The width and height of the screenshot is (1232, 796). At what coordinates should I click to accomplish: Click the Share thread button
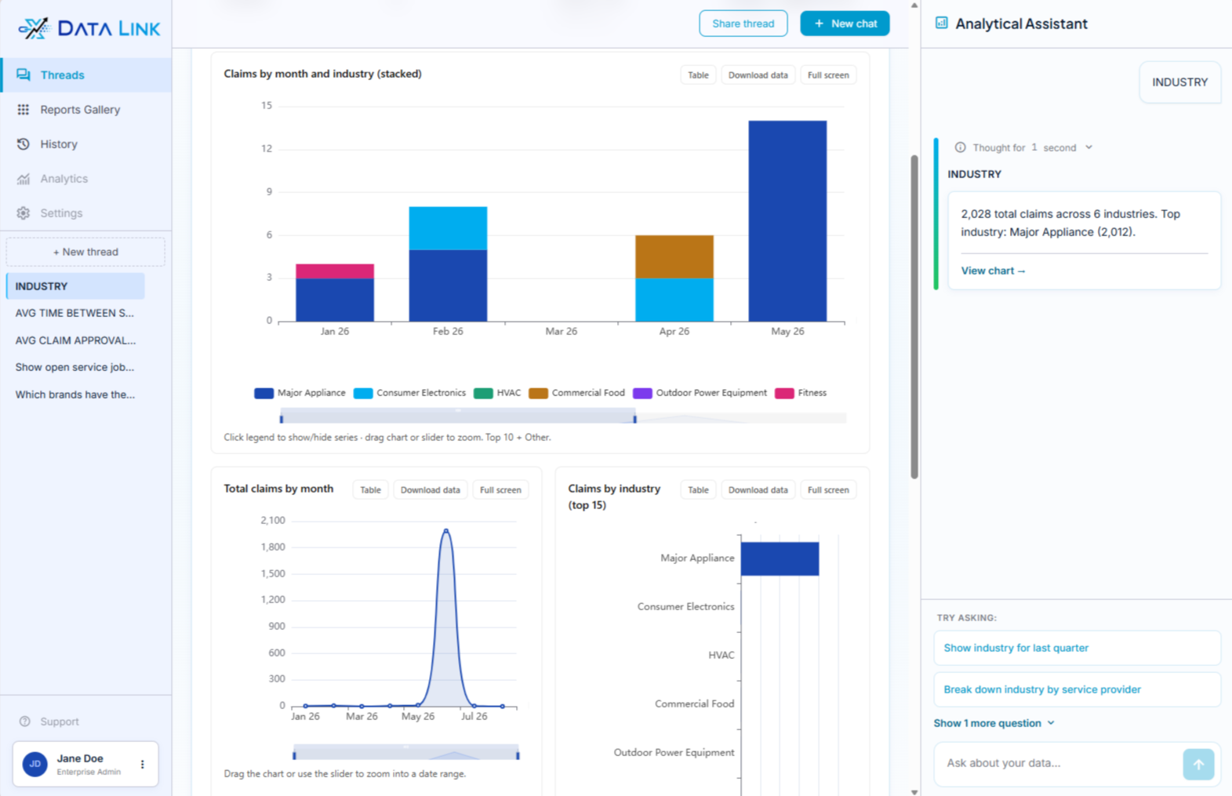pyautogui.click(x=743, y=24)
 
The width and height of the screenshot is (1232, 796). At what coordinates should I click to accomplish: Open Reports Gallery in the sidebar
pyautogui.click(x=80, y=110)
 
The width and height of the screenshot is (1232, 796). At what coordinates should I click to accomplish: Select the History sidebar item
pyautogui.click(x=58, y=144)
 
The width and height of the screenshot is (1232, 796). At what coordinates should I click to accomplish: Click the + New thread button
pyautogui.click(x=85, y=252)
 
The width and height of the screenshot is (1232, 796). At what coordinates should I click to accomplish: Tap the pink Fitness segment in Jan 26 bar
pyautogui.click(x=334, y=271)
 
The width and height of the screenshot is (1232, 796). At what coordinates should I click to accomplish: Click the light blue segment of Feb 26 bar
pyautogui.click(x=448, y=228)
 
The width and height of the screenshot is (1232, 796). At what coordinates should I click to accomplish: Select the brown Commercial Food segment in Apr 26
pyautogui.click(x=674, y=257)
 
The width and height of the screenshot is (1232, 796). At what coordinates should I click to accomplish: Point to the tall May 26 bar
pyautogui.click(x=787, y=220)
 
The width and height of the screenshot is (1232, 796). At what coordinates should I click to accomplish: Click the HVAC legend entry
pyautogui.click(x=497, y=393)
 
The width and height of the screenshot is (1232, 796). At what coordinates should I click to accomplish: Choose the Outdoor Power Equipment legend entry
pyautogui.click(x=700, y=393)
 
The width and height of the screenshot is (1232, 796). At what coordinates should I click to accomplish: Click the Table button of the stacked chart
pyautogui.click(x=698, y=75)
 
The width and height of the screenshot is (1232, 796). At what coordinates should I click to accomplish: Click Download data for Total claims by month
pyautogui.click(x=430, y=489)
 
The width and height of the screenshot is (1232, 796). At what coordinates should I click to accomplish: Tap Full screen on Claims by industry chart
pyautogui.click(x=828, y=489)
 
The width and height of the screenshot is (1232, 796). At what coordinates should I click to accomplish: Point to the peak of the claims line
pyautogui.click(x=446, y=531)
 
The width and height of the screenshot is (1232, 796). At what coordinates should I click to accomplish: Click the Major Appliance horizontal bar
pyautogui.click(x=780, y=559)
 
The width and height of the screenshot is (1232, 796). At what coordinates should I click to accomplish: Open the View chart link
pyautogui.click(x=993, y=271)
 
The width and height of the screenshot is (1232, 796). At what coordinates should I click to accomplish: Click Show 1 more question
pyautogui.click(x=994, y=723)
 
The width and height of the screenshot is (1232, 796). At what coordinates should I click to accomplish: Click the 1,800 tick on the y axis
pyautogui.click(x=273, y=547)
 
